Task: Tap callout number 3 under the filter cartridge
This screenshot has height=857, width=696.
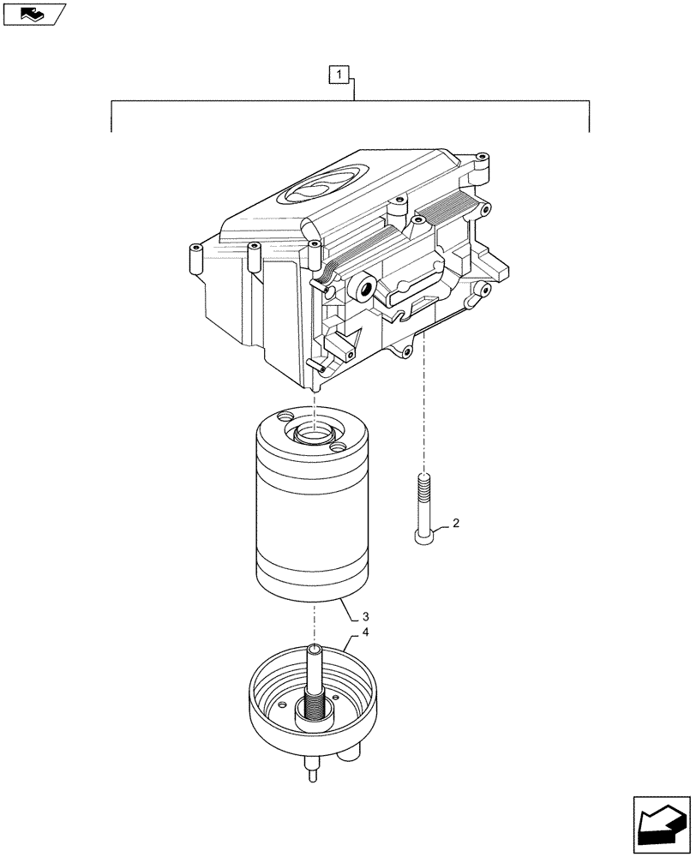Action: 366,616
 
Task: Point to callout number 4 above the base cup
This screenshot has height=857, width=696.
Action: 366,633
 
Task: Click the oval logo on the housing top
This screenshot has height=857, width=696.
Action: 316,190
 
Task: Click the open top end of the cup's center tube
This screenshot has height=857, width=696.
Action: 315,650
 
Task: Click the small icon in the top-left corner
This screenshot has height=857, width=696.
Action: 33,13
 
